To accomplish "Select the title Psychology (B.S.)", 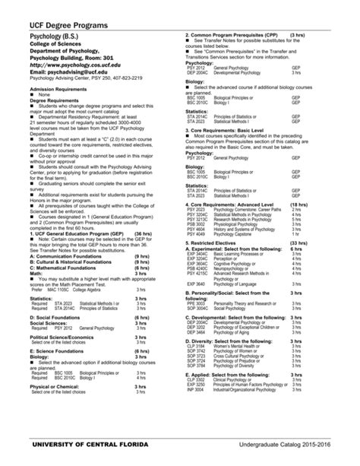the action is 58,36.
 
